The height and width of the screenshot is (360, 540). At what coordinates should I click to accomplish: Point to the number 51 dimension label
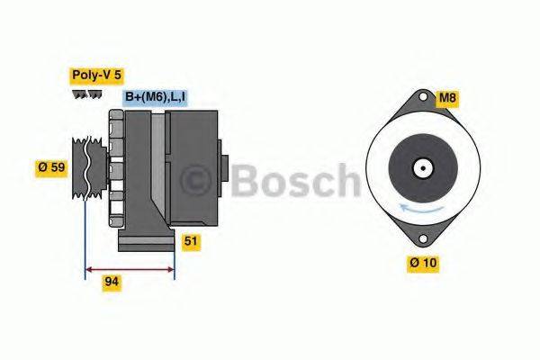191,240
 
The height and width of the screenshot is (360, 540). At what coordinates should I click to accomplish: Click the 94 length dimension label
112,282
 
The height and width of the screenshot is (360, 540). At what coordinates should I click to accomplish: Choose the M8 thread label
447,97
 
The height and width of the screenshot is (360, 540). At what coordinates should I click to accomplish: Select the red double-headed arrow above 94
130,267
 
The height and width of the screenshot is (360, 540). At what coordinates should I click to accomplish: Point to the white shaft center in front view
419,167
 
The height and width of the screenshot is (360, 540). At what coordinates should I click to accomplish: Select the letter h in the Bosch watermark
346,180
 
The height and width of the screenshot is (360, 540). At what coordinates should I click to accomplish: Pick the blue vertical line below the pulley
85,234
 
